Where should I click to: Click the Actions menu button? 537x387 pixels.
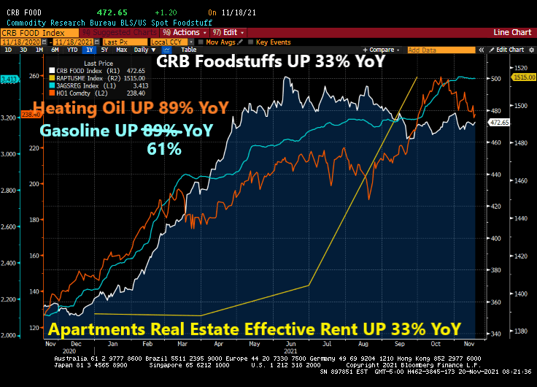[x=184, y=33]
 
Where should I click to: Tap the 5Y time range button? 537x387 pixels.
[x=104, y=50]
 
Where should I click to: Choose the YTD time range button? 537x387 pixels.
[x=72, y=50]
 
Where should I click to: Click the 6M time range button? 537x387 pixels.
[x=55, y=50]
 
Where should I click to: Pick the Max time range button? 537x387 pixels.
[x=120, y=50]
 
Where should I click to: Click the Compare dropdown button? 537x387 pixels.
[x=384, y=50]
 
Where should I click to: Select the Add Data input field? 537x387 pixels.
[x=438, y=50]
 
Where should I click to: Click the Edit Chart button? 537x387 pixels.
[x=510, y=50]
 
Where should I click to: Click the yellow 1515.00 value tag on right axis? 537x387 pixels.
[x=525, y=77]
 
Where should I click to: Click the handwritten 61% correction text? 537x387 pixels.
[x=166, y=149]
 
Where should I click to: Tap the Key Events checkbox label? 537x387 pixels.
[x=274, y=42]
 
